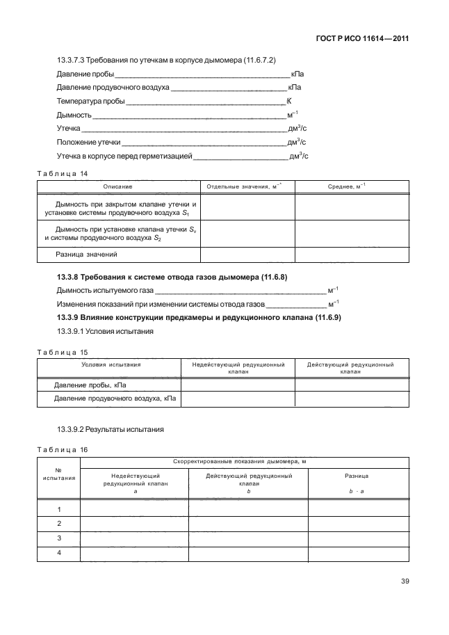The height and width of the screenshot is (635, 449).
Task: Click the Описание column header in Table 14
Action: tap(117, 187)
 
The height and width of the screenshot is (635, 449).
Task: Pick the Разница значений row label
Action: tap(87, 254)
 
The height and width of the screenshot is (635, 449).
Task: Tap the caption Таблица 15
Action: tap(62, 353)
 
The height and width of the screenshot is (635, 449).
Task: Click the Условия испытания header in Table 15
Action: tap(111, 364)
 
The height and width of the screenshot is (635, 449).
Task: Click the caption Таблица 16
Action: tap(62, 450)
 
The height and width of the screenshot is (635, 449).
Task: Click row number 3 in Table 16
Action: tap(59, 538)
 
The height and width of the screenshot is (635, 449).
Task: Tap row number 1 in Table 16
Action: tap(59, 509)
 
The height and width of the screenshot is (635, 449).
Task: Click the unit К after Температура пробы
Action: tap(288, 102)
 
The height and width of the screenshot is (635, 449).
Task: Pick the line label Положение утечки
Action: tap(88, 143)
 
